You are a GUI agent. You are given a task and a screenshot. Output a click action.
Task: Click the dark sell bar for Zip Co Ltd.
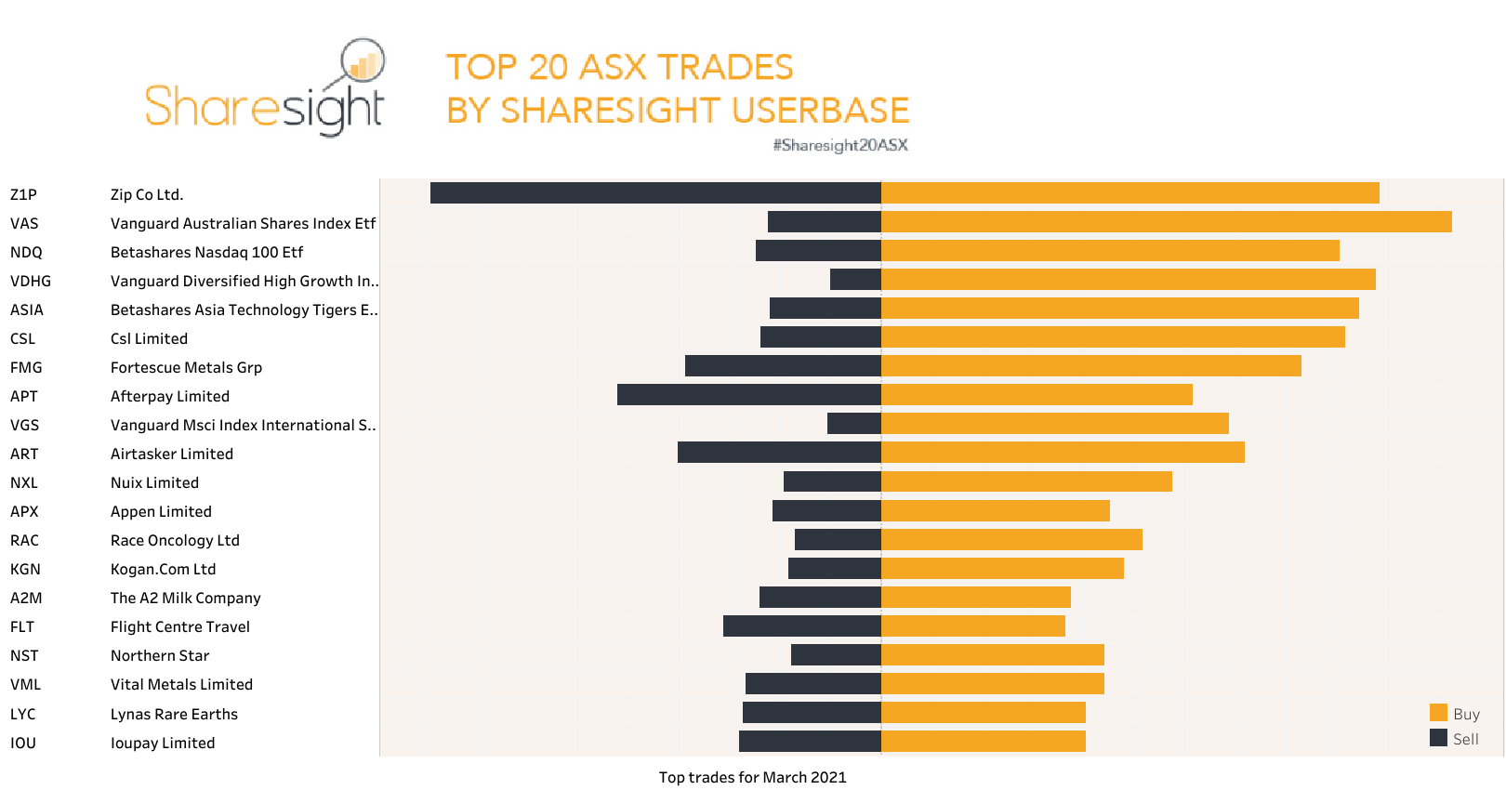655,193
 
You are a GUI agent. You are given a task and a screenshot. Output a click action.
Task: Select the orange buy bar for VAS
1166,222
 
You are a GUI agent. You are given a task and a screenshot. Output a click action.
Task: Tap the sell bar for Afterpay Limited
748,395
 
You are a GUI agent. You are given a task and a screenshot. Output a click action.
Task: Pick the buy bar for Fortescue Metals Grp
1090,366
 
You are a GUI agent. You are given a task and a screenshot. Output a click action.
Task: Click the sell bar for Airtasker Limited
779,453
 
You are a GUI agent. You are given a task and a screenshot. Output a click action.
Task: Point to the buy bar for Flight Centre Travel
972,625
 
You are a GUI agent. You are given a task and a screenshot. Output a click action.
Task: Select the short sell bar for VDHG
855,280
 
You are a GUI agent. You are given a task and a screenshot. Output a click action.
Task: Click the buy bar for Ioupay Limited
983,742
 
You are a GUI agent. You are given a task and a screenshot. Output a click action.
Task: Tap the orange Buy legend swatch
1438,713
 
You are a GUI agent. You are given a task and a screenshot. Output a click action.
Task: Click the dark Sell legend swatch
1438,738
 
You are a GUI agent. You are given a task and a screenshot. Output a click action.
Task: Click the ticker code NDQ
26,252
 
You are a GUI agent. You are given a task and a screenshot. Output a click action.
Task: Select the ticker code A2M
26,598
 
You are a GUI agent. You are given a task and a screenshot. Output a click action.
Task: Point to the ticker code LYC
23,714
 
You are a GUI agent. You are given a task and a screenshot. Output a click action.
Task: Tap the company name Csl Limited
149,338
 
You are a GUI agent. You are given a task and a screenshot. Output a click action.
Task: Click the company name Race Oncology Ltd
175,540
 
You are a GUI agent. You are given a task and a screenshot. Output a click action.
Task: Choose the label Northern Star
160,655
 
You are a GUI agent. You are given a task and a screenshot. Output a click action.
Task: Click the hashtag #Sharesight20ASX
839,145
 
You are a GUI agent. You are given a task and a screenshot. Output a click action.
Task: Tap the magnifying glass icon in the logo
362,62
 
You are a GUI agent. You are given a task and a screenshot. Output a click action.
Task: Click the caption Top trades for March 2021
752,777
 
